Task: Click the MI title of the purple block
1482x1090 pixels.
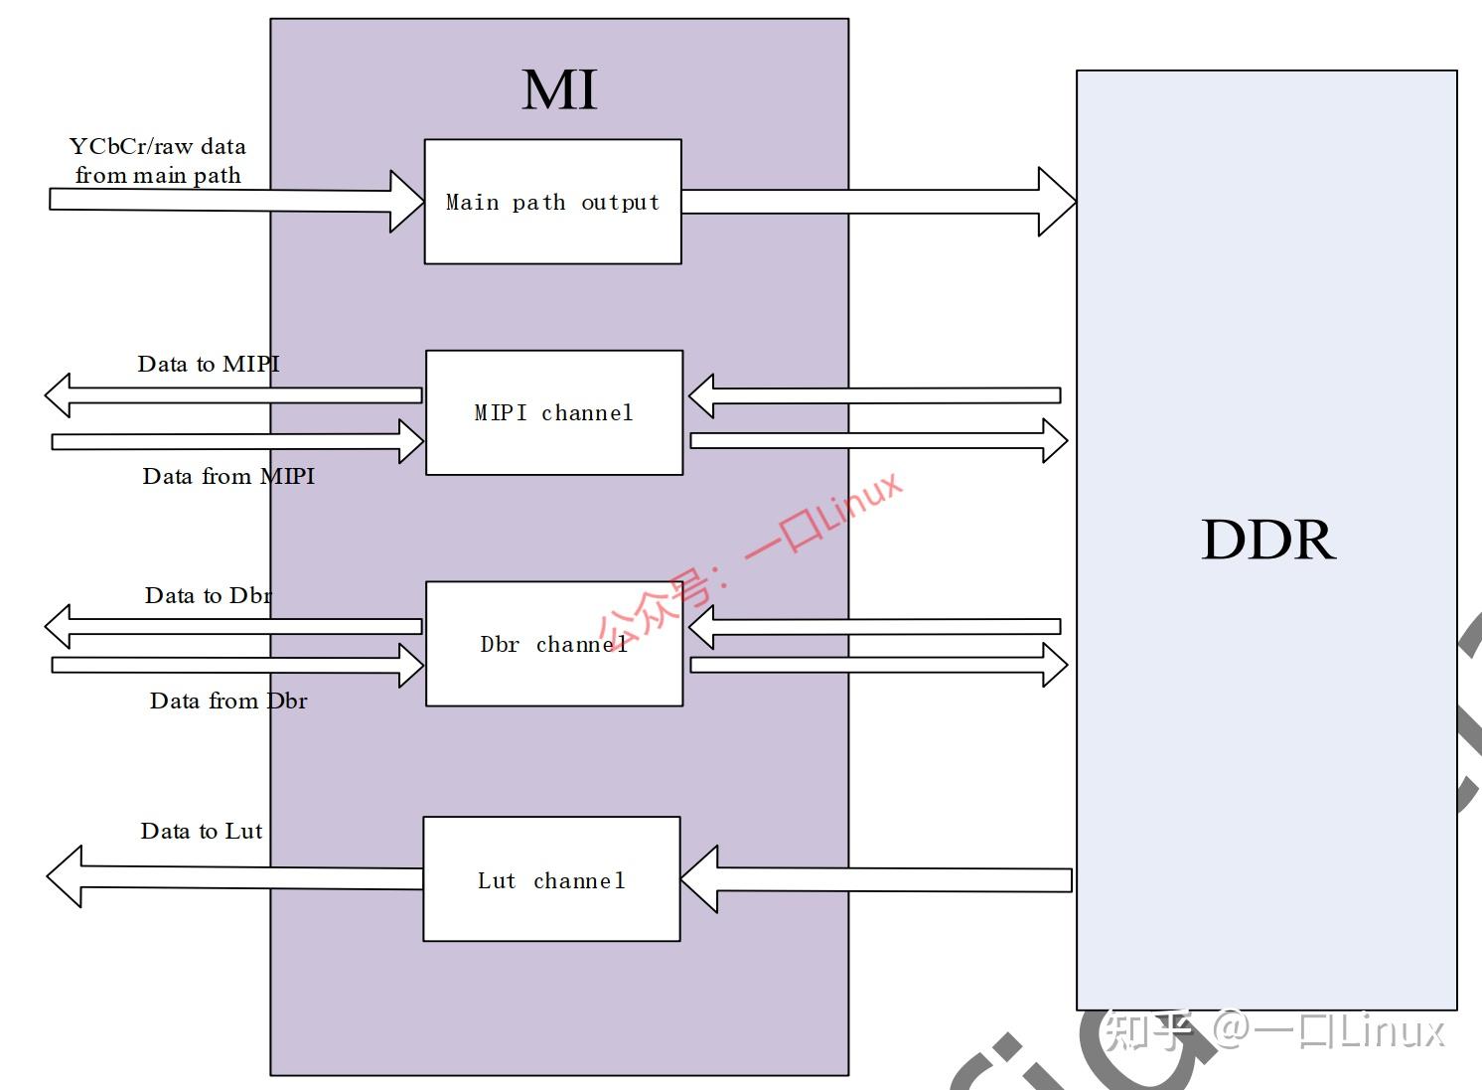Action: pos(559,89)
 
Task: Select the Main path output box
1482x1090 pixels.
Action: pos(552,202)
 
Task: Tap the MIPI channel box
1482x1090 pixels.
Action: pos(553,412)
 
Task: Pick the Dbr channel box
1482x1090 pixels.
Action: pos(553,644)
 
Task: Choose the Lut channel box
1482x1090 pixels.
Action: pos(551,879)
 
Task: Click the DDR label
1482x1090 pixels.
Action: pos(1267,540)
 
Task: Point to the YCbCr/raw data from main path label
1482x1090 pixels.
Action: pos(158,161)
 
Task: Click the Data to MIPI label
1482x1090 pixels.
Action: pos(209,364)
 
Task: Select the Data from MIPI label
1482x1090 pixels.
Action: pos(228,476)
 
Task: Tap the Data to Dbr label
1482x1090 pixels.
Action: pos(209,595)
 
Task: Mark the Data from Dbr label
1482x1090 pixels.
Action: pos(228,701)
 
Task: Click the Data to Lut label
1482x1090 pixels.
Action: pos(202,831)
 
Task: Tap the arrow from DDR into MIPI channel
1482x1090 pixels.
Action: pos(874,395)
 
